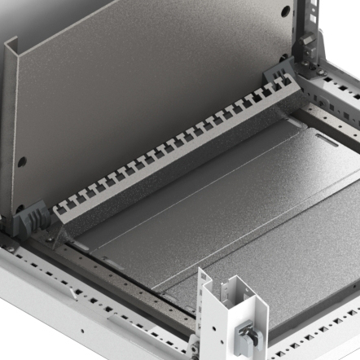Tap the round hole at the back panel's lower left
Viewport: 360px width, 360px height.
coord(24,161)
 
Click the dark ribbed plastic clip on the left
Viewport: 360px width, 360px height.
coord(32,217)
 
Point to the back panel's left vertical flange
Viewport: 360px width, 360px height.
coord(13,122)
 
